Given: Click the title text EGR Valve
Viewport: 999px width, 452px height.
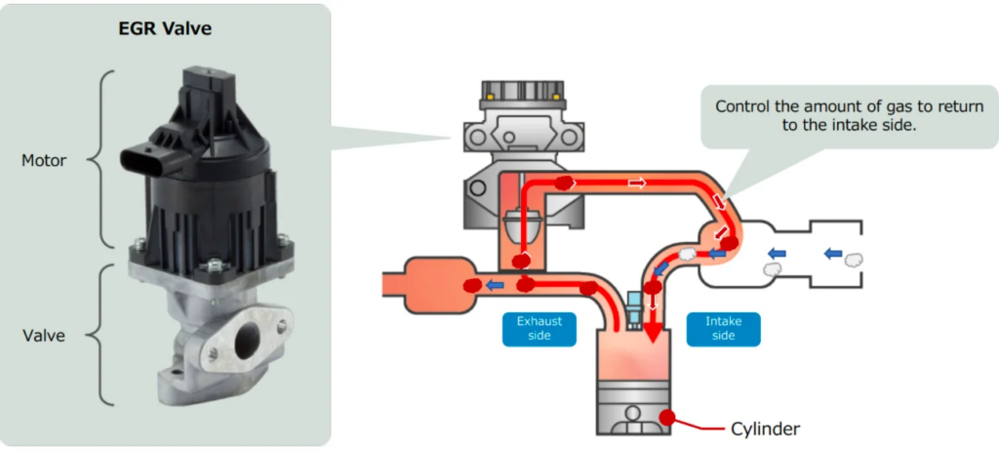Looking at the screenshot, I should (x=165, y=28).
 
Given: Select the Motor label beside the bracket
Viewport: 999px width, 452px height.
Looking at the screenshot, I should (x=44, y=160).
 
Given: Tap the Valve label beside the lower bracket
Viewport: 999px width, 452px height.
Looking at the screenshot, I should (x=44, y=335).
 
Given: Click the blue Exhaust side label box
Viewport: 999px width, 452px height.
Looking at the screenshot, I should (x=539, y=327).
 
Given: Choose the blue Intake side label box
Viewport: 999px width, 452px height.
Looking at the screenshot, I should (x=723, y=327).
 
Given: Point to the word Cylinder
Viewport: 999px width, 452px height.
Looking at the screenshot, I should (x=766, y=428).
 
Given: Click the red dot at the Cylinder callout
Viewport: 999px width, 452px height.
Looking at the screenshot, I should (x=668, y=417).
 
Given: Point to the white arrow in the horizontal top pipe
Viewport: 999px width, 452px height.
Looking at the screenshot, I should (x=637, y=184).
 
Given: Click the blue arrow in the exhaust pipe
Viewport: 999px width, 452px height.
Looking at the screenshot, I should (x=495, y=285).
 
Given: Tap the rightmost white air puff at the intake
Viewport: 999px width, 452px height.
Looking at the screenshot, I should (x=855, y=260).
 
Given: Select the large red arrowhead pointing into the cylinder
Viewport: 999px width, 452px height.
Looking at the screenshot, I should (x=649, y=337).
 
